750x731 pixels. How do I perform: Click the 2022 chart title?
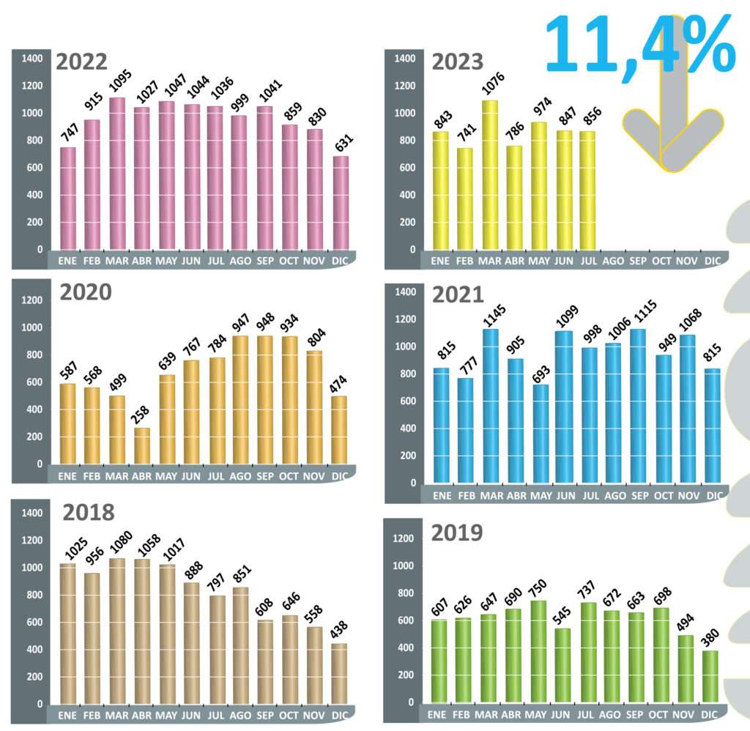(x=81, y=62)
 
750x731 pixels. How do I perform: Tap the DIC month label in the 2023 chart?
(x=712, y=260)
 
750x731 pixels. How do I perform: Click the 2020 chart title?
(x=86, y=293)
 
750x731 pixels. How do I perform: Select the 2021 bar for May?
(x=540, y=433)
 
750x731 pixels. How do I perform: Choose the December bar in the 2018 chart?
(x=339, y=673)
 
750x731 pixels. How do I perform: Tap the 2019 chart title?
(x=456, y=533)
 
